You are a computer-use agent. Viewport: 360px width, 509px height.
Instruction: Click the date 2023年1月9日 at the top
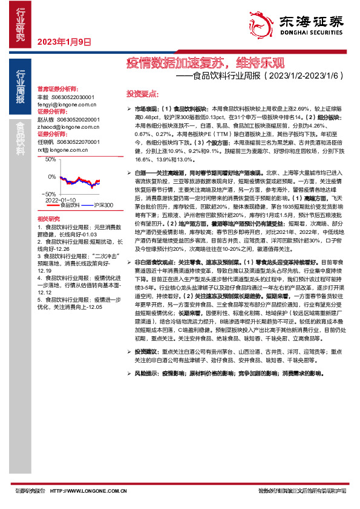tap(64, 42)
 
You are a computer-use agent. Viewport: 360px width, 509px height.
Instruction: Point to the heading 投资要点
tap(142, 94)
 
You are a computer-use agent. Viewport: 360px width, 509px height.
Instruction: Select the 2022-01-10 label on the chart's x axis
tap(60, 199)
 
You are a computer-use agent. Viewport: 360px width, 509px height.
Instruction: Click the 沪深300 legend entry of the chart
tap(103, 206)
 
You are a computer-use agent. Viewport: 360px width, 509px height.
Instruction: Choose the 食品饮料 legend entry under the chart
tap(69, 206)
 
